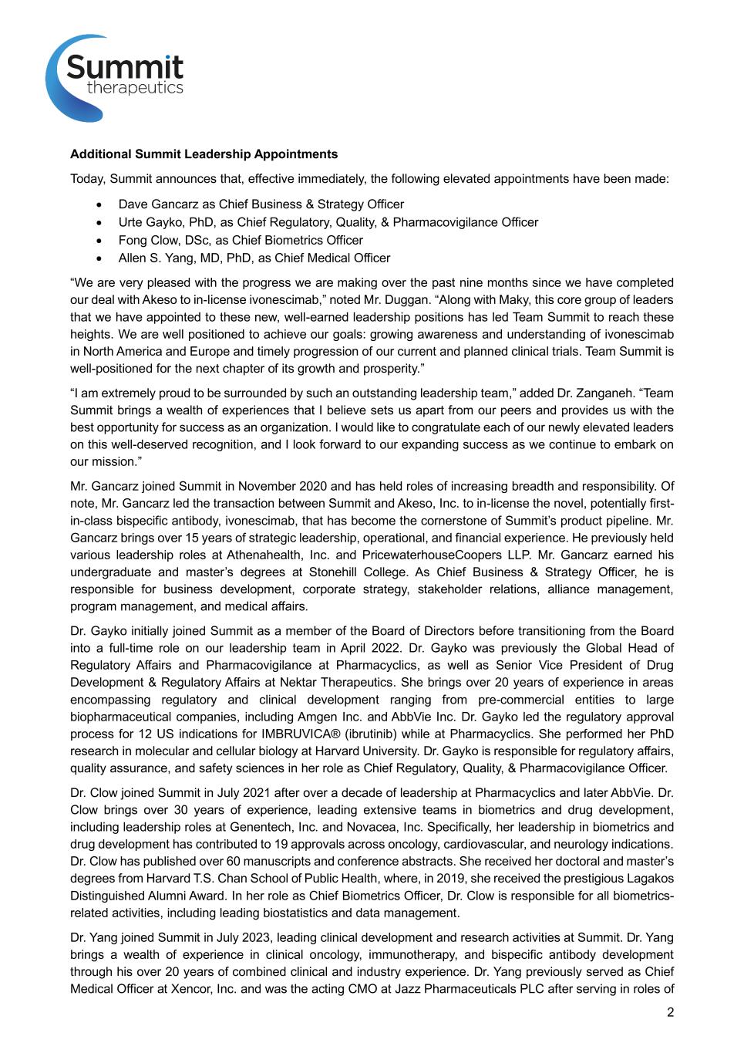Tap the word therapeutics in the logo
pyautogui.click(x=135, y=88)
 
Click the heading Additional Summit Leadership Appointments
pyautogui.click(x=204, y=154)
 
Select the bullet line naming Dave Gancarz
pyautogui.click(x=261, y=204)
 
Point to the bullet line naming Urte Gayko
pyautogui.click(x=328, y=222)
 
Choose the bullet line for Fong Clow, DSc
pyautogui.click(x=241, y=240)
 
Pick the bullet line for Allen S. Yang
pyautogui.click(x=254, y=258)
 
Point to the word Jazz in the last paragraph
pyautogui.click(x=426, y=989)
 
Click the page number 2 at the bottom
pyautogui.click(x=670, y=1013)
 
